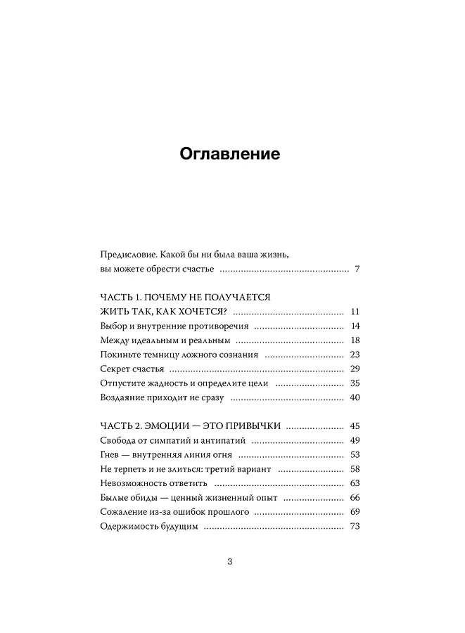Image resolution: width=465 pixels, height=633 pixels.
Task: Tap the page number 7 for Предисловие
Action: tap(357, 269)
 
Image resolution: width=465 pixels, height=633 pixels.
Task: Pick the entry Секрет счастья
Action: tap(132, 369)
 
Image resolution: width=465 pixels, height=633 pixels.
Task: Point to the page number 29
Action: tap(355, 369)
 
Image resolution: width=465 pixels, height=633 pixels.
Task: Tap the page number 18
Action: tap(355, 340)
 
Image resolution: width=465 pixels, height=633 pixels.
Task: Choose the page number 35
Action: tap(355, 384)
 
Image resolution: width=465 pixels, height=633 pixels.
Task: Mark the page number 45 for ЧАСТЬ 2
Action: tap(355, 426)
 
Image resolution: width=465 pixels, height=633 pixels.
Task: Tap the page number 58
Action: tap(355, 469)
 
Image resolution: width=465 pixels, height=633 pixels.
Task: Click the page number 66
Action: tap(355, 498)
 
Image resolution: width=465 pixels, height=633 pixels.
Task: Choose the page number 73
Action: tap(355, 527)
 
